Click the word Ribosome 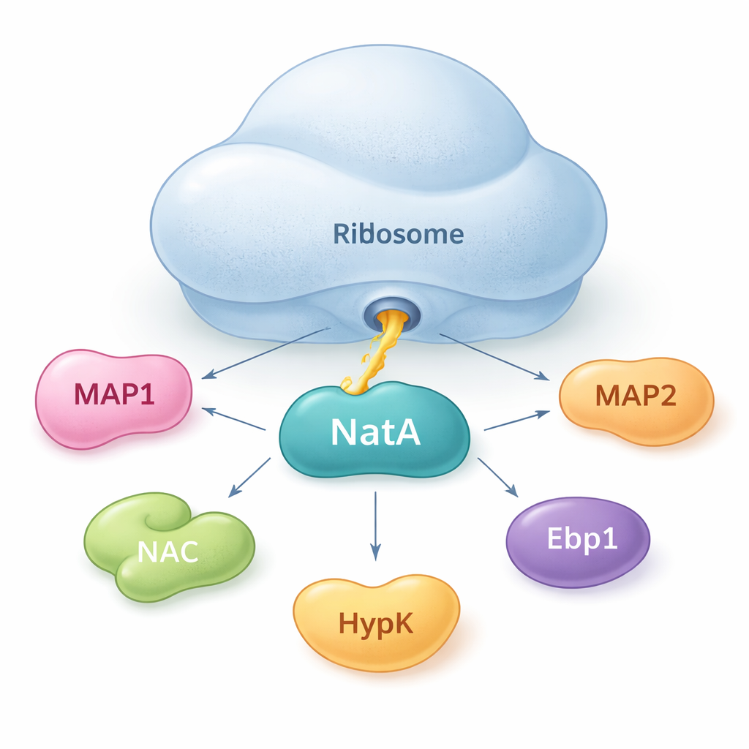click(x=398, y=234)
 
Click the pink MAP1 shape click(x=113, y=399)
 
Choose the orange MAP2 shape click(x=636, y=399)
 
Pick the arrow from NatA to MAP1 click(x=233, y=419)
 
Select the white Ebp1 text click(x=582, y=539)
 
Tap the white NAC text click(x=168, y=551)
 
